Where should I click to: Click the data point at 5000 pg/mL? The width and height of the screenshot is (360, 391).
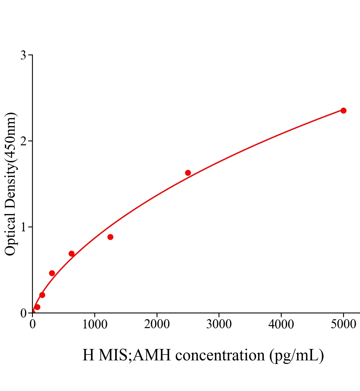coord(343,110)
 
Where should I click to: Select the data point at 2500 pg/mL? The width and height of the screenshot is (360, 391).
coord(188,173)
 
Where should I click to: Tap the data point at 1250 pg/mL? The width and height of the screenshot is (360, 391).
coord(110,237)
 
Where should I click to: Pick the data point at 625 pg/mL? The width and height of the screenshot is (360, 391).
coord(71,253)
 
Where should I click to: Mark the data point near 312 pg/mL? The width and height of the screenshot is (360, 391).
coord(52,273)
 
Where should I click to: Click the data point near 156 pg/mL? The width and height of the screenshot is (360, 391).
coord(42,295)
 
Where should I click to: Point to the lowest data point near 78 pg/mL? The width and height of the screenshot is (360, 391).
coord(37,307)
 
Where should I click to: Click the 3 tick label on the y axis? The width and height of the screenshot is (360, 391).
coord(23,55)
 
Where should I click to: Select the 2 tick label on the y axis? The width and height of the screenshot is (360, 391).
coord(23,141)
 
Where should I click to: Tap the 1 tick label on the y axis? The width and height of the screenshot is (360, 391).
coord(23,227)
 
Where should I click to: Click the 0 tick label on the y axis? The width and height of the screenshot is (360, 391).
coord(23,313)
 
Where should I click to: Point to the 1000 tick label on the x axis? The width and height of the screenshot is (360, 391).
coord(95,325)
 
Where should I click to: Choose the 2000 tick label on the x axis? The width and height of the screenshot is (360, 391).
coord(157,325)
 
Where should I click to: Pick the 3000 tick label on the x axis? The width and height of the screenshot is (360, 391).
coord(219,325)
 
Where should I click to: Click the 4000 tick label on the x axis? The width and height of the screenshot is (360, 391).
coord(281,325)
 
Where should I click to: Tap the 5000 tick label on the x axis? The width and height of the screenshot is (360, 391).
coord(343,325)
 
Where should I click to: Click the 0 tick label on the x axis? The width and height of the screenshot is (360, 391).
coord(33,325)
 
